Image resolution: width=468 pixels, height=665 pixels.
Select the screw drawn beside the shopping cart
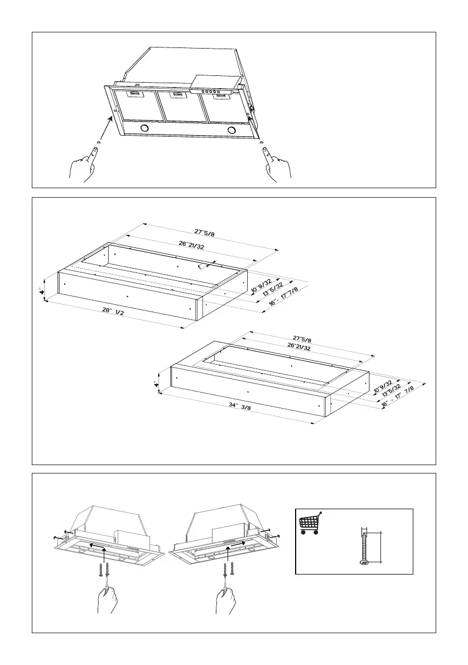click(364, 548)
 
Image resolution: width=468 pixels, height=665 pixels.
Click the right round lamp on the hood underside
click(231, 131)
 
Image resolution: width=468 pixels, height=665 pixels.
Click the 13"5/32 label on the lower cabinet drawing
click(391, 388)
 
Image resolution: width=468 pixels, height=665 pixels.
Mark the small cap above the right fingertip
click(261, 144)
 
